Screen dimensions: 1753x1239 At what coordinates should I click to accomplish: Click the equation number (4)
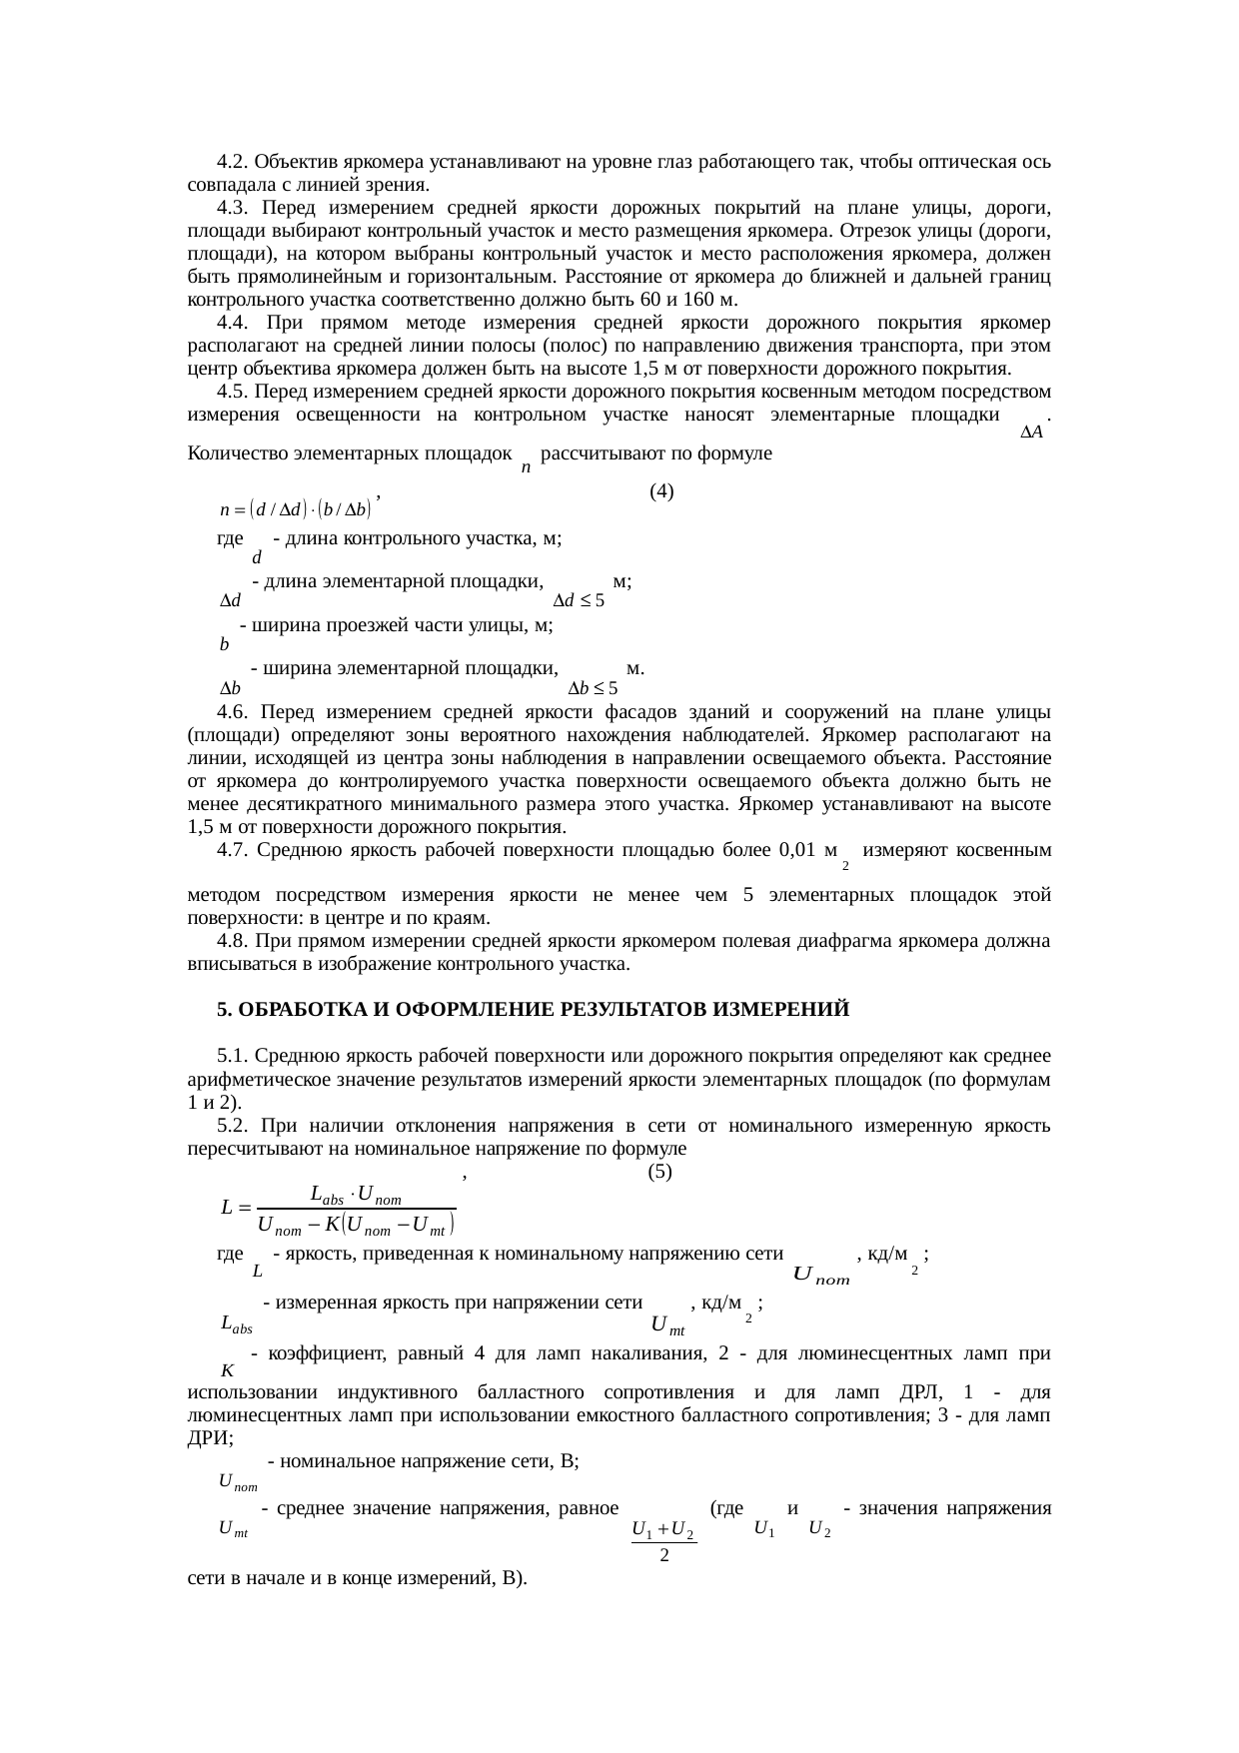661,491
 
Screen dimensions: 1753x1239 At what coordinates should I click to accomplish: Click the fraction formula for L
339,1208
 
